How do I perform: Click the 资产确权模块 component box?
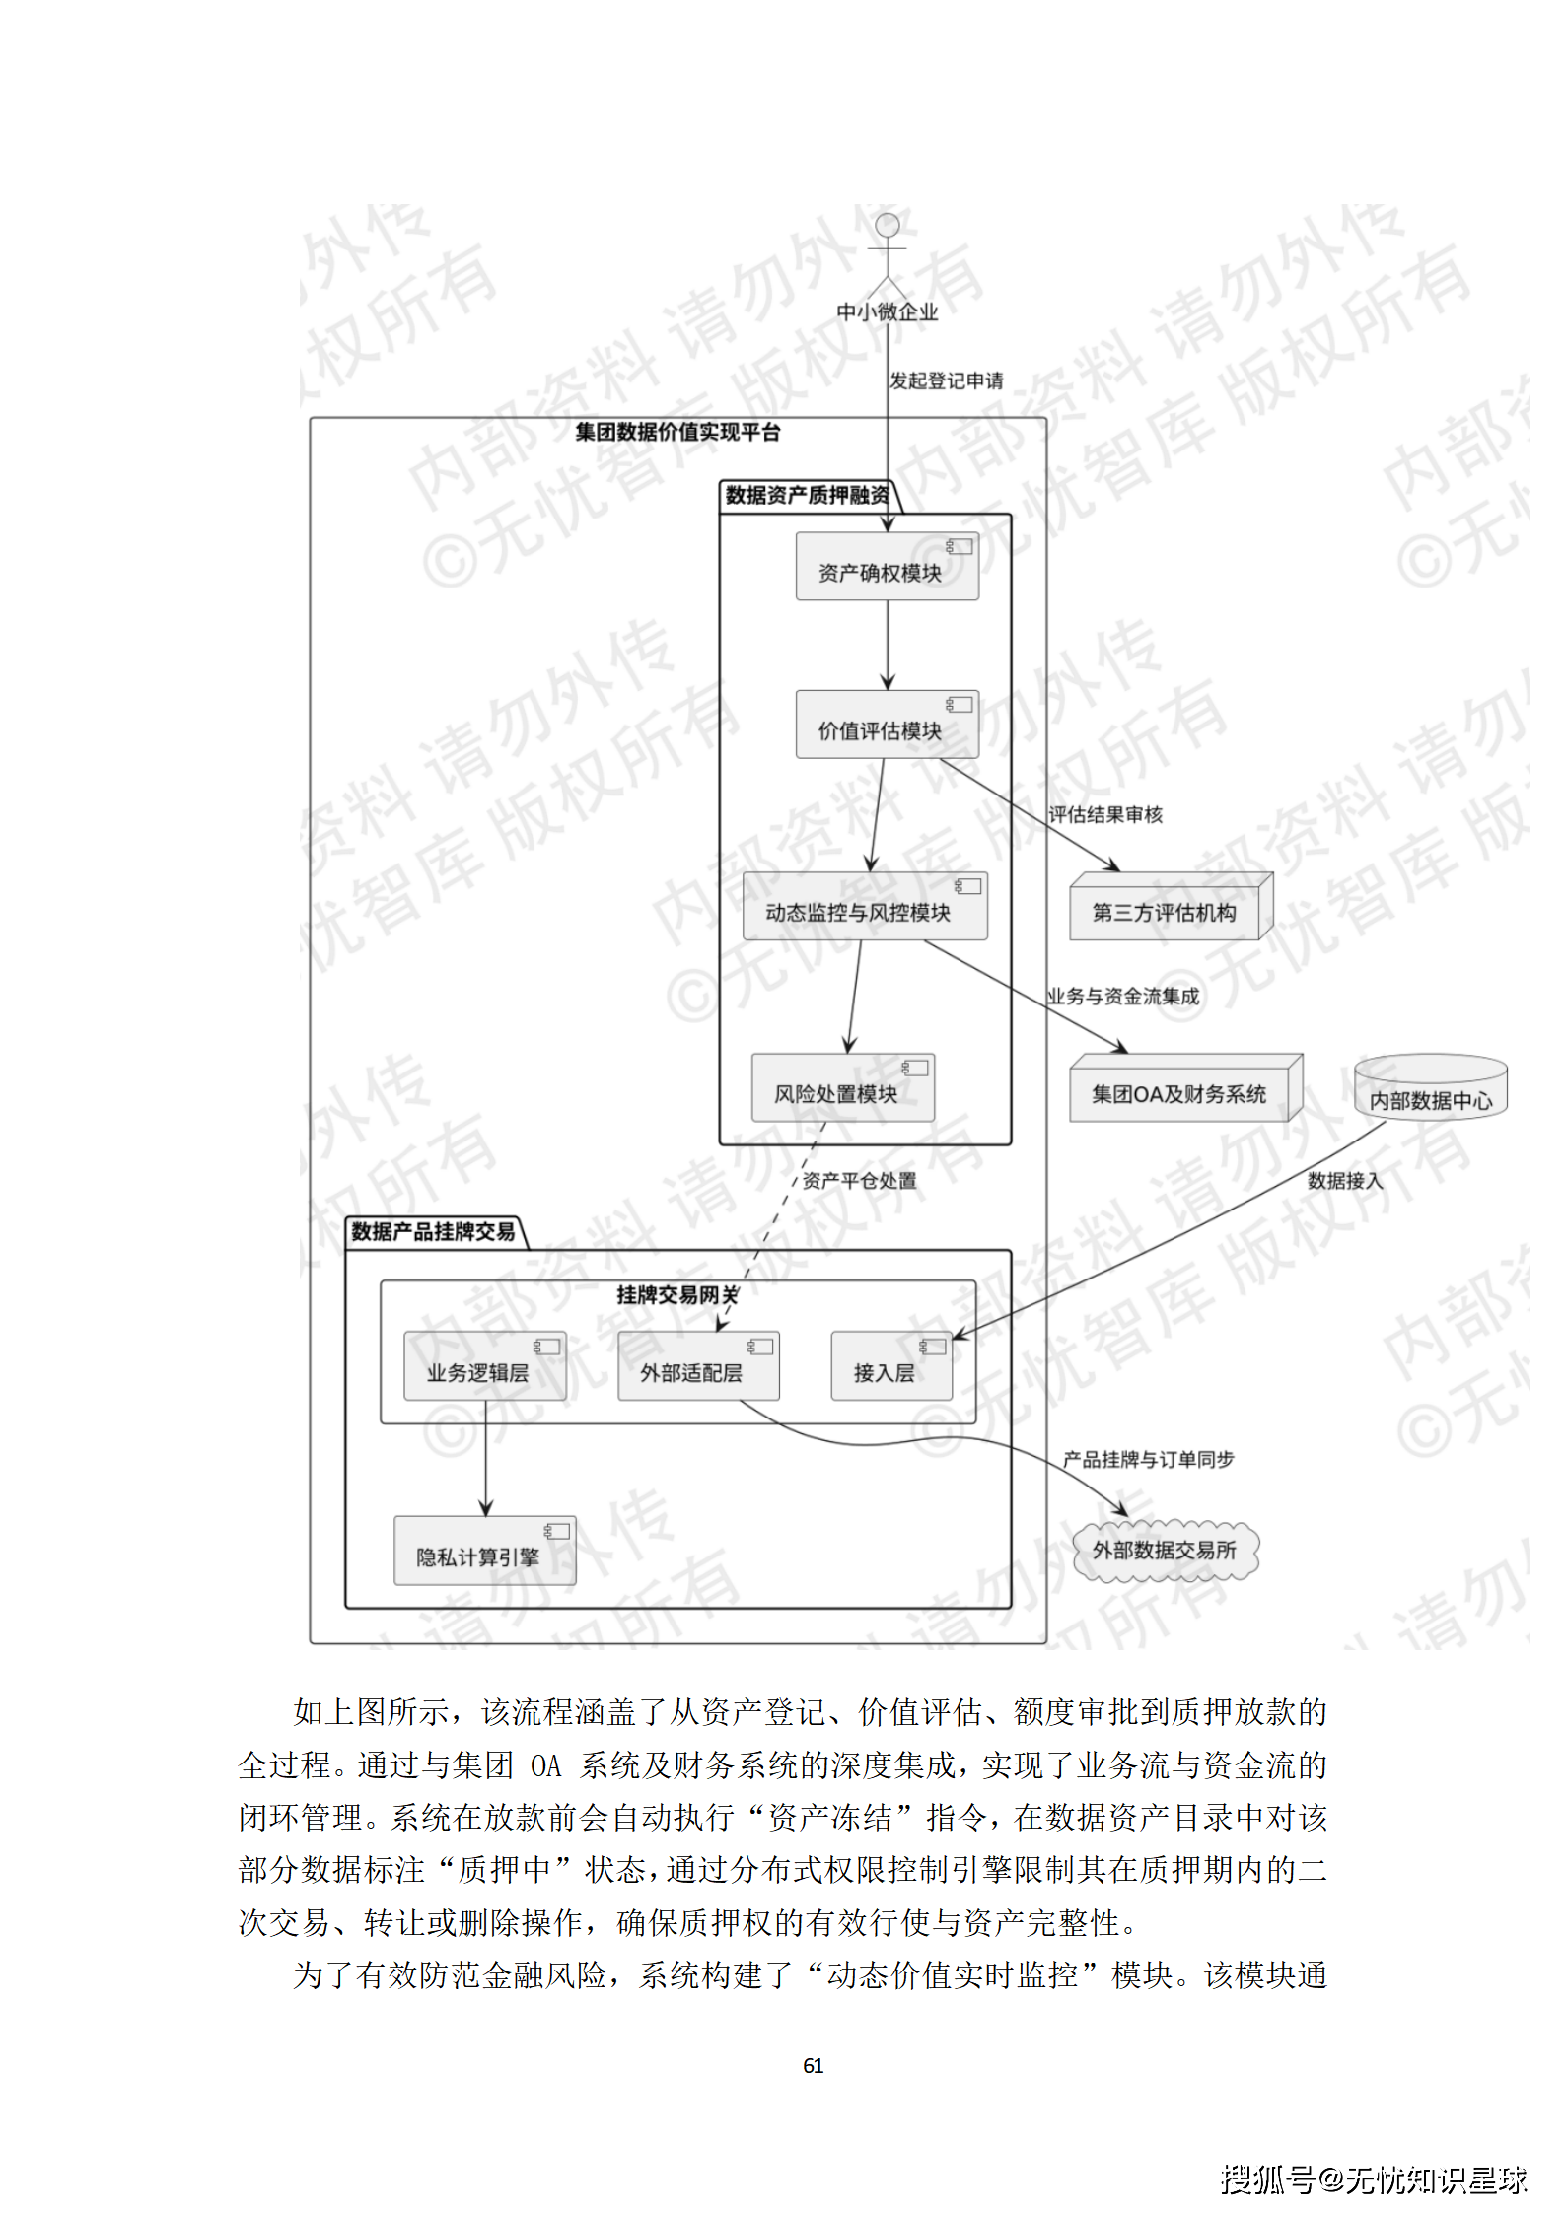click(887, 567)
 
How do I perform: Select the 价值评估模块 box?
click(887, 725)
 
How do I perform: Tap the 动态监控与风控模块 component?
click(864, 907)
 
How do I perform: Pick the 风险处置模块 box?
click(842, 1088)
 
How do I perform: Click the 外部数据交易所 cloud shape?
click(1165, 1551)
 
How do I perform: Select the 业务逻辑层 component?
click(484, 1367)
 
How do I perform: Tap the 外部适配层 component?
click(698, 1367)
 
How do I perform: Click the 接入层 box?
click(890, 1367)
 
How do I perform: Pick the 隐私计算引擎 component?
click(484, 1552)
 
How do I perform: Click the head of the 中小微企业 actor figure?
click(888, 225)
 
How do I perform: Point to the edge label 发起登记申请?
click(946, 380)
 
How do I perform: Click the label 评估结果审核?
click(1104, 814)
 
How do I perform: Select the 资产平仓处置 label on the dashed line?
click(859, 1180)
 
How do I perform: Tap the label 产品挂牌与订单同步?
click(1148, 1459)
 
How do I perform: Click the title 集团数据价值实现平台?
click(677, 432)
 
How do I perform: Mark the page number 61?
click(813, 2066)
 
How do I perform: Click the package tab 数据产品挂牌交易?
click(434, 1232)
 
